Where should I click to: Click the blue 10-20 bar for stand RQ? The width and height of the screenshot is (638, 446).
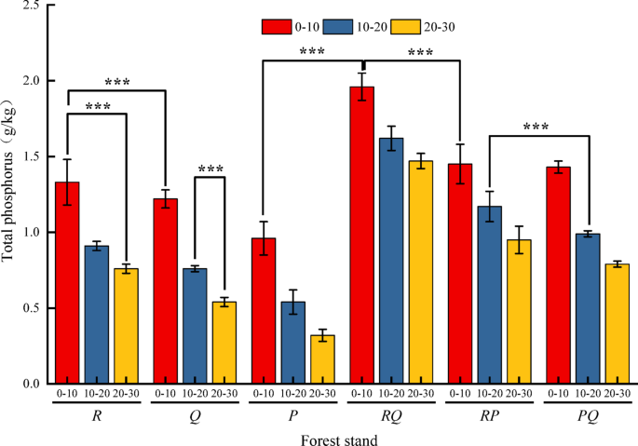(x=390, y=261)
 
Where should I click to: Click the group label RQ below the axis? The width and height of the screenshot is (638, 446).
(x=391, y=415)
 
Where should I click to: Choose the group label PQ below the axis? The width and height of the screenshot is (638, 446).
(x=589, y=415)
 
